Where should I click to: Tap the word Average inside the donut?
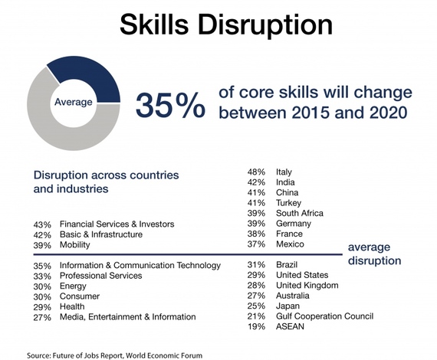[x=74, y=102]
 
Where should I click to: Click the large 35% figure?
[x=170, y=105]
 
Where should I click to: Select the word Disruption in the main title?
[x=265, y=25]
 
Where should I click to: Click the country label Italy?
[x=284, y=172]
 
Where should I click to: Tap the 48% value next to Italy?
[x=256, y=172]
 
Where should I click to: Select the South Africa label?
[x=300, y=213]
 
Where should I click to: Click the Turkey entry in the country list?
[x=288, y=203]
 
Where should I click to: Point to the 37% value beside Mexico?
[x=256, y=244]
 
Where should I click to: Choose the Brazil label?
[x=287, y=264]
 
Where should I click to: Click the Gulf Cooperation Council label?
[x=324, y=316]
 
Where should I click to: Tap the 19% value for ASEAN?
[x=256, y=326]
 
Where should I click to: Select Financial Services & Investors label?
[x=117, y=224]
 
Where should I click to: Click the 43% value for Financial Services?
[x=42, y=224]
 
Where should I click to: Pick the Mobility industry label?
[x=74, y=245]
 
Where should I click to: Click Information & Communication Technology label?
[x=140, y=265]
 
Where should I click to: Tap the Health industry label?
[x=72, y=306]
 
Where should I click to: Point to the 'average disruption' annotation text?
[x=374, y=254]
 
